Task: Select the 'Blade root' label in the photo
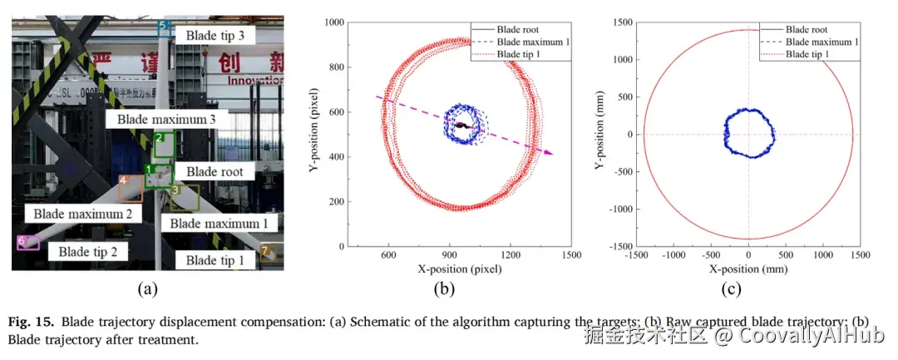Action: (214, 171)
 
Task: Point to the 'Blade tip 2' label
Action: (92, 250)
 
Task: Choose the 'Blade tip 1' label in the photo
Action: (215, 260)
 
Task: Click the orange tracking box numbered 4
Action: (130, 189)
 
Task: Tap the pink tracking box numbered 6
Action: (28, 243)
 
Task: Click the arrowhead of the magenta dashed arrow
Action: (550, 153)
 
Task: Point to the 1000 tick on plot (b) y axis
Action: (336, 22)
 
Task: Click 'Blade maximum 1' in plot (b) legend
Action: (533, 42)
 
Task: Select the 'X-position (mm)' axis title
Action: (748, 269)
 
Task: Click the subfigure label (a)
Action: (147, 289)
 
